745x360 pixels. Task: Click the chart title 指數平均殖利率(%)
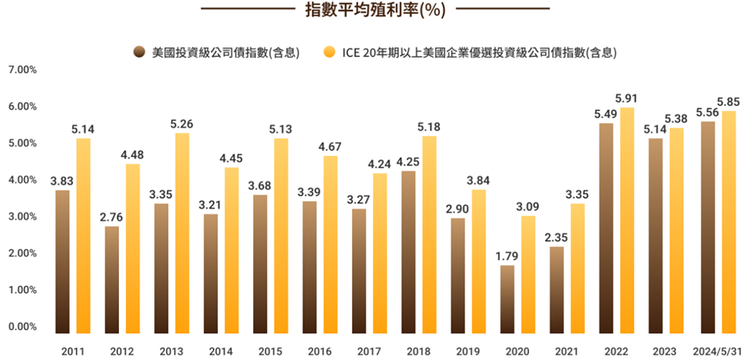coord(373,10)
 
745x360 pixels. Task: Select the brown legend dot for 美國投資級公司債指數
coord(139,53)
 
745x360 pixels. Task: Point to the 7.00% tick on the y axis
coord(21,70)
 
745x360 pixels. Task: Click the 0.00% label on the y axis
coord(21,327)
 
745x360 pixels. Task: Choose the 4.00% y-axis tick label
coord(21,180)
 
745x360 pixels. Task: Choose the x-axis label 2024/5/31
coord(717,351)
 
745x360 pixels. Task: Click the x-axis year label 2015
coord(270,351)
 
